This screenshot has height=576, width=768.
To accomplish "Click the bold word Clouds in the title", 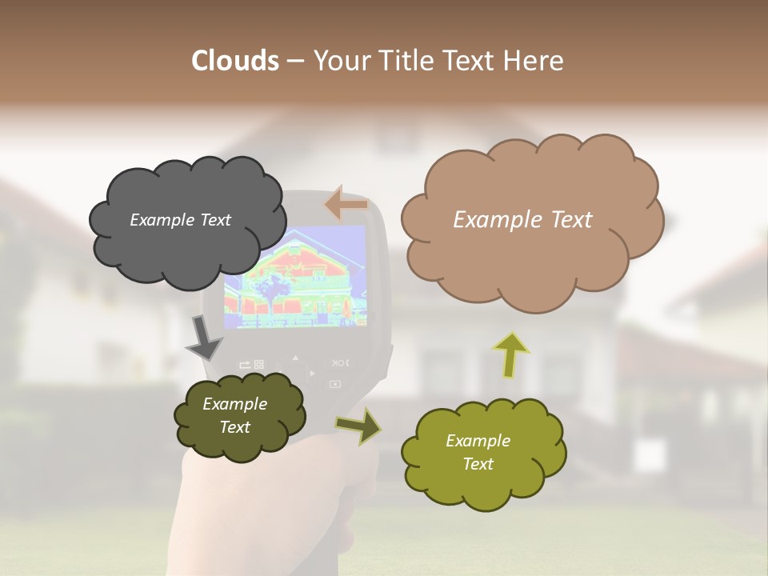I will coord(234,61).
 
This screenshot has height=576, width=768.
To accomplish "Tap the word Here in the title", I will coord(534,61).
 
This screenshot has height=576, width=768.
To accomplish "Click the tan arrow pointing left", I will coord(346,205).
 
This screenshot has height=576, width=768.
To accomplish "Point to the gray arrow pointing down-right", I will coord(204,338).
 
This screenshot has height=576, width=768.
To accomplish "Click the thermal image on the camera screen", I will coord(294,277).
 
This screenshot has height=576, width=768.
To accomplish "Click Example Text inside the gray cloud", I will coord(180,220).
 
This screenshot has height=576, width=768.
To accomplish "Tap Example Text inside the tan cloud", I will coord(522,220).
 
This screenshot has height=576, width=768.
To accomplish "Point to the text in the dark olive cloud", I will coord(234,415).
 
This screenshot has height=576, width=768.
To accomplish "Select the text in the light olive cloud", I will coord(478,452).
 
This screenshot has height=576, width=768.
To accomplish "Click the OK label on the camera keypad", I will coord(339,362).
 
